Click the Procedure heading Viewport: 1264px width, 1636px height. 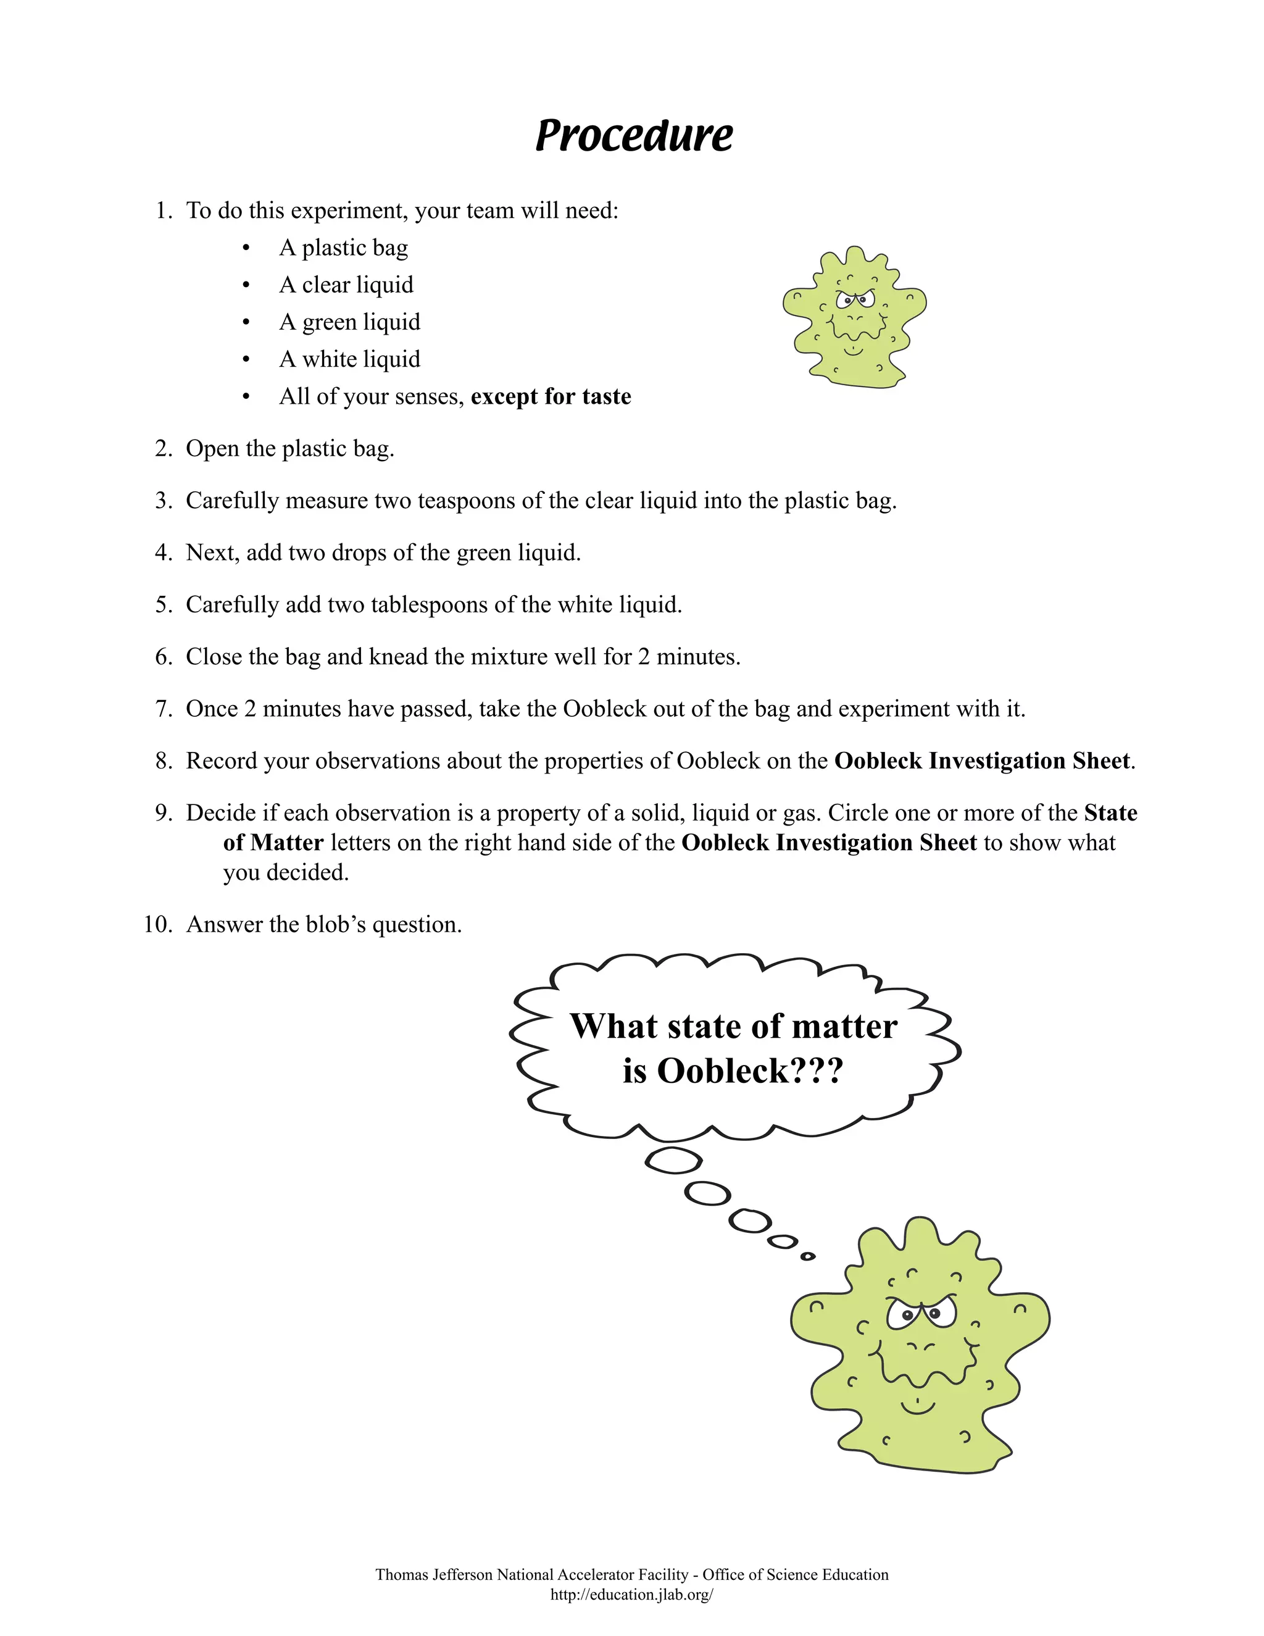click(x=633, y=136)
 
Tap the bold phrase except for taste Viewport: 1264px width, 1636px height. click(x=551, y=396)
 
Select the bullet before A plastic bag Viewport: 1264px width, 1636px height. click(x=246, y=248)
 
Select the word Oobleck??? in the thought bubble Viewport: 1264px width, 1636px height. click(x=750, y=1070)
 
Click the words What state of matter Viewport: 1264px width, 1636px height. click(x=733, y=1026)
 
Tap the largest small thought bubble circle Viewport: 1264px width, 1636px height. click(x=673, y=1161)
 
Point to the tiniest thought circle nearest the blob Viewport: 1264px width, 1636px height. click(x=807, y=1256)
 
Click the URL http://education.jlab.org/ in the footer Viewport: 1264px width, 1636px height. click(x=631, y=1595)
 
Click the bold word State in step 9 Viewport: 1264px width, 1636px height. click(x=1110, y=813)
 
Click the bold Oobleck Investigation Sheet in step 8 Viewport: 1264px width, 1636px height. click(x=982, y=761)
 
